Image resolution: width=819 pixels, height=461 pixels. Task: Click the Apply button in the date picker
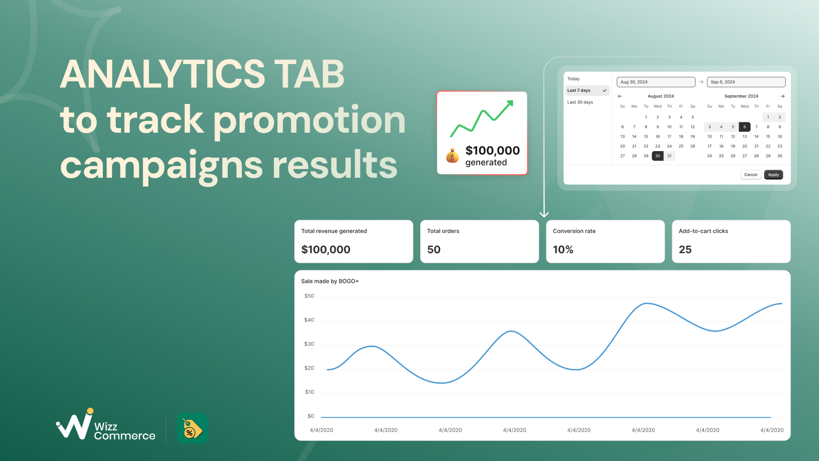[773, 175]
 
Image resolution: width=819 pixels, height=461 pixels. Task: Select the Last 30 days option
[580, 102]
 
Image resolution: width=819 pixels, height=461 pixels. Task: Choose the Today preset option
[573, 79]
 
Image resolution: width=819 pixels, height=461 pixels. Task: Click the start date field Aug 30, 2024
[656, 82]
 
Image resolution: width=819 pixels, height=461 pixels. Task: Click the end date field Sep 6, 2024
[746, 82]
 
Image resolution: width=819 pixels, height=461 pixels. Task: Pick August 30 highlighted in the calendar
[657, 156]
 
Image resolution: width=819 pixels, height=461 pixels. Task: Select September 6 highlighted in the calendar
[744, 127]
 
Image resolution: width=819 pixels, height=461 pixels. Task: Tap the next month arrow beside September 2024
[782, 96]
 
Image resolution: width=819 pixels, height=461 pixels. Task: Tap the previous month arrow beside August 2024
[620, 96]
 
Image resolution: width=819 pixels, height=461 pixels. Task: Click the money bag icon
[452, 156]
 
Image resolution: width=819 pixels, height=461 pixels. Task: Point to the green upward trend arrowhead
[509, 104]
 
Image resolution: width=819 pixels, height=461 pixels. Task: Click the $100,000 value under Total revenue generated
[326, 249]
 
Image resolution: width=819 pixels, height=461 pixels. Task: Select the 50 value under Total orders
[434, 249]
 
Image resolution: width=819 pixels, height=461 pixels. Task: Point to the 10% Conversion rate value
[563, 249]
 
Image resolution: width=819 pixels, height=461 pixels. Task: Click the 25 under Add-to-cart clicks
[685, 249]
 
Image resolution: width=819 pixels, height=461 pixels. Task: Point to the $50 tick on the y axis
[309, 296]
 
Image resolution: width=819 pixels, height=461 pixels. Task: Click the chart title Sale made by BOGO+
[330, 281]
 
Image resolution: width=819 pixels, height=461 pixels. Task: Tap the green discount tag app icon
[192, 428]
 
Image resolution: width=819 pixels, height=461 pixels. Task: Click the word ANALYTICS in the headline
[162, 74]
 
